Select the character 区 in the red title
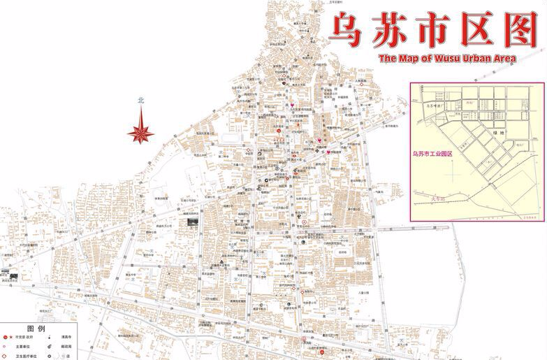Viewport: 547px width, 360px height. [475, 30]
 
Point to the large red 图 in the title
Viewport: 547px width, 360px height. [518, 30]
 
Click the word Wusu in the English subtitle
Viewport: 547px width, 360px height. [438, 59]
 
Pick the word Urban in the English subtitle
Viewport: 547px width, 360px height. [471, 59]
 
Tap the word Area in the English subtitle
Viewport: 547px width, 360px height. [504, 59]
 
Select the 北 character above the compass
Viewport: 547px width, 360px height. [142, 100]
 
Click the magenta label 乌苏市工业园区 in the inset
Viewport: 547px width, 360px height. [433, 154]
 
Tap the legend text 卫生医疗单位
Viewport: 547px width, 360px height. [27, 357]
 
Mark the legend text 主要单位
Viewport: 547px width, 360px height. [22, 346]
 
